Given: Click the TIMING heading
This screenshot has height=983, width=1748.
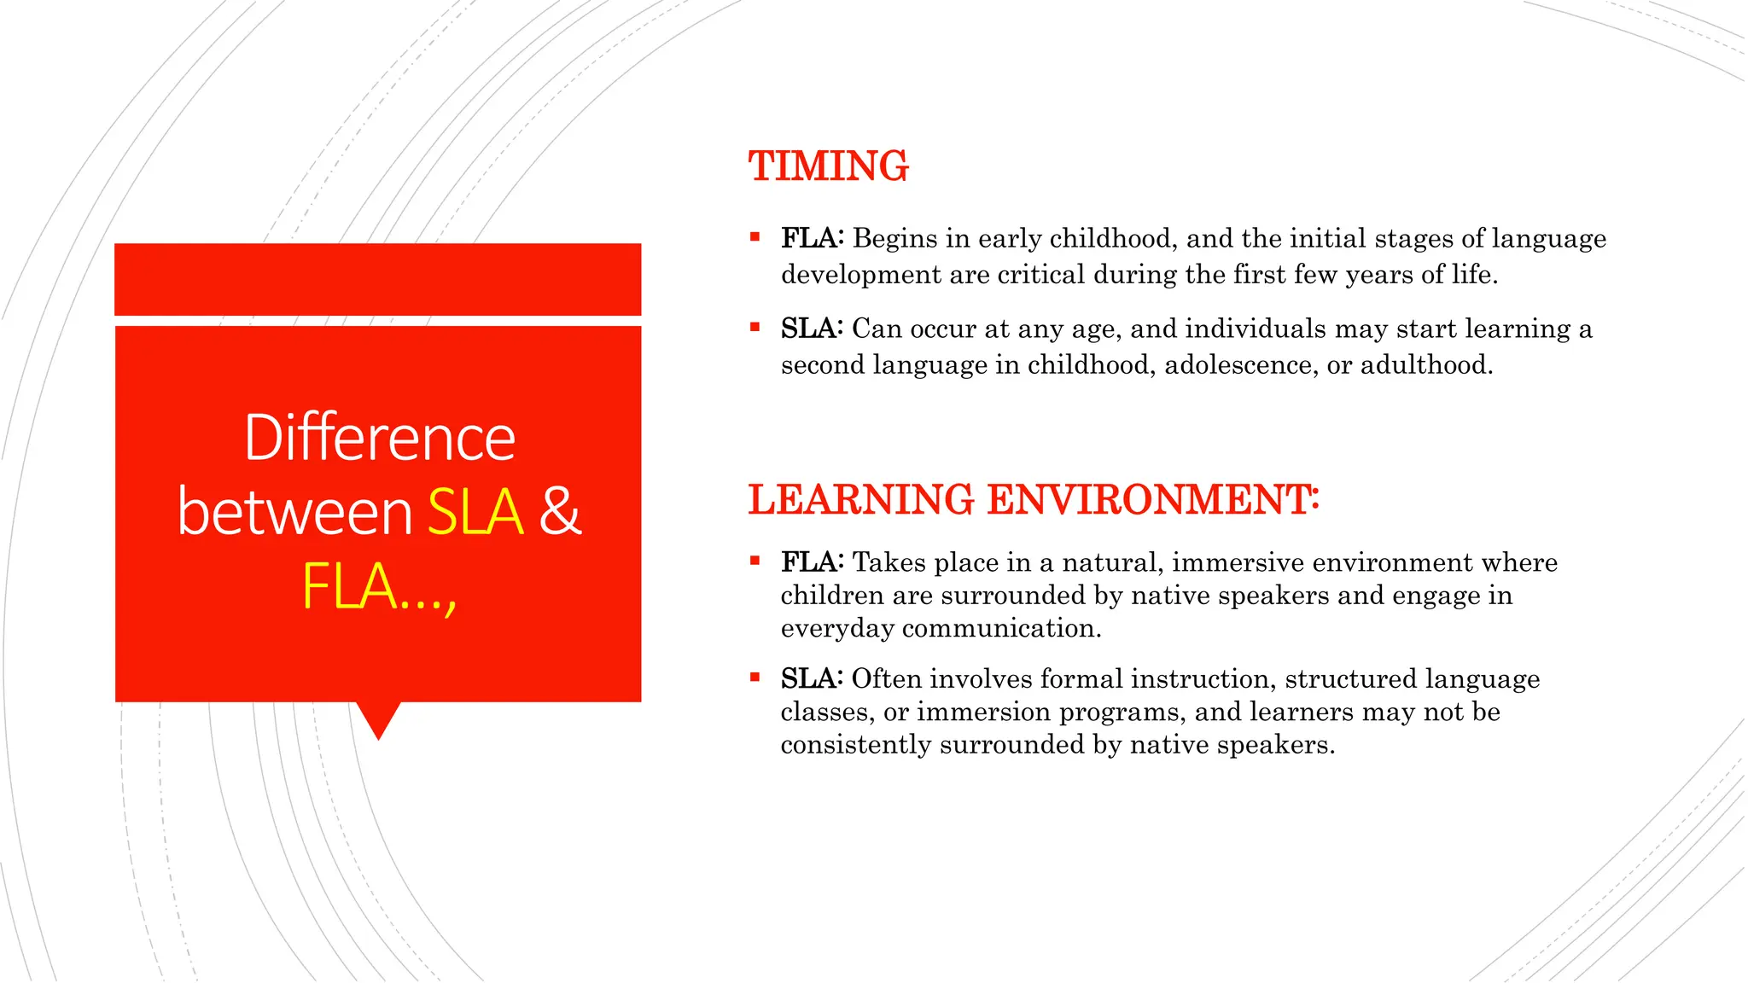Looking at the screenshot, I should (x=828, y=166).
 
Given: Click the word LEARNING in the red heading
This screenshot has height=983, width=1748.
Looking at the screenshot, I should (x=860, y=500).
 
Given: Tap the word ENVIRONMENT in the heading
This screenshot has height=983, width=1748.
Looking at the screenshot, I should (x=1152, y=500).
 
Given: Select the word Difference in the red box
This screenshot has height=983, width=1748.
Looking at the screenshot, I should (x=379, y=438).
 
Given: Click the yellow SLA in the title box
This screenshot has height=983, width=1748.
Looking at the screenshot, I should (x=475, y=512).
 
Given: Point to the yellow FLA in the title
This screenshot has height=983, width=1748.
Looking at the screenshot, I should (x=350, y=587).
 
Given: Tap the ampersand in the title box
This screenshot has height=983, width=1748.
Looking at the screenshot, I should (x=560, y=512).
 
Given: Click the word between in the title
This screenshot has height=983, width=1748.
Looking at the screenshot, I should (x=295, y=512).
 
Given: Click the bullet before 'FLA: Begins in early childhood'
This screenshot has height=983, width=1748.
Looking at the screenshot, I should (x=755, y=237).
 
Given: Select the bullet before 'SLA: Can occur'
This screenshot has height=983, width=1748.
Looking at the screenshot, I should (x=755, y=327).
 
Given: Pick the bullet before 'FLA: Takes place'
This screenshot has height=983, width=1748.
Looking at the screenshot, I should (x=755, y=561).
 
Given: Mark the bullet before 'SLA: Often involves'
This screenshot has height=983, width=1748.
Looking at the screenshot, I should (x=755, y=678).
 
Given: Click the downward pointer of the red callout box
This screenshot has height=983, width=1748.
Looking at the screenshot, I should (x=378, y=722).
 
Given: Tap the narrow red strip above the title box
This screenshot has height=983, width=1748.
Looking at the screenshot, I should (x=377, y=279).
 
